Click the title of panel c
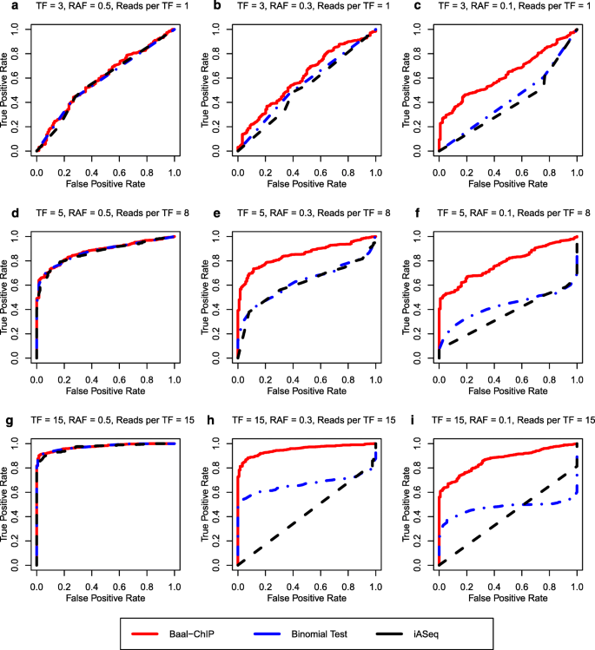(x=499, y=9)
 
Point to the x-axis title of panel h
(x=306, y=589)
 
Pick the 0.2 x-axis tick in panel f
(x=466, y=369)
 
